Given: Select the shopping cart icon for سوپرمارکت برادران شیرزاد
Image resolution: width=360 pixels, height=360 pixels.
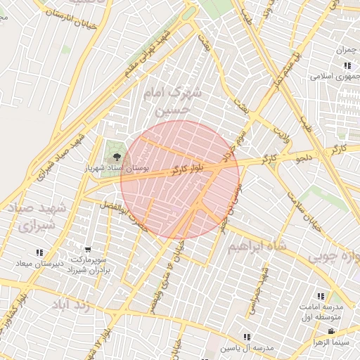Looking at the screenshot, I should (x=87, y=249).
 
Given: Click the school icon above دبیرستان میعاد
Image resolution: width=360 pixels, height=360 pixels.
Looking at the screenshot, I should (x=39, y=252).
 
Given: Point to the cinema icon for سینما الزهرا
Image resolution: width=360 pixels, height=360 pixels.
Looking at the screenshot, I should (x=330, y=331).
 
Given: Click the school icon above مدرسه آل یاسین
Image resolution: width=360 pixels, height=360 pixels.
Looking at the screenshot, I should (x=247, y=337).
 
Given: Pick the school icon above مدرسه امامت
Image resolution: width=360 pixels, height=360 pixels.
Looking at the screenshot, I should (x=321, y=297).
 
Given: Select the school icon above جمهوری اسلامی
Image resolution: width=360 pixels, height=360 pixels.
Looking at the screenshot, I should (x=347, y=65).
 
